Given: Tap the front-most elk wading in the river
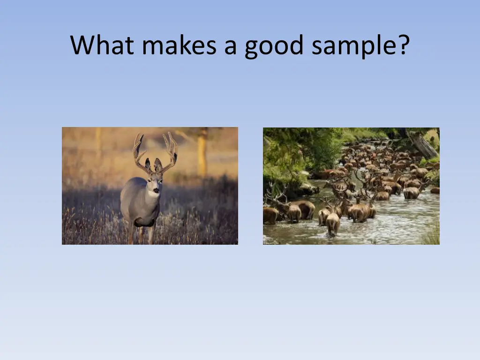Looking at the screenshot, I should (333, 223).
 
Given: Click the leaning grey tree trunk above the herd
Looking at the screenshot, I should (425, 146).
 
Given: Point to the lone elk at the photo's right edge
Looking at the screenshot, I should (435, 190).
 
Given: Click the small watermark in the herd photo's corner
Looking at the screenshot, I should (271, 242).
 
